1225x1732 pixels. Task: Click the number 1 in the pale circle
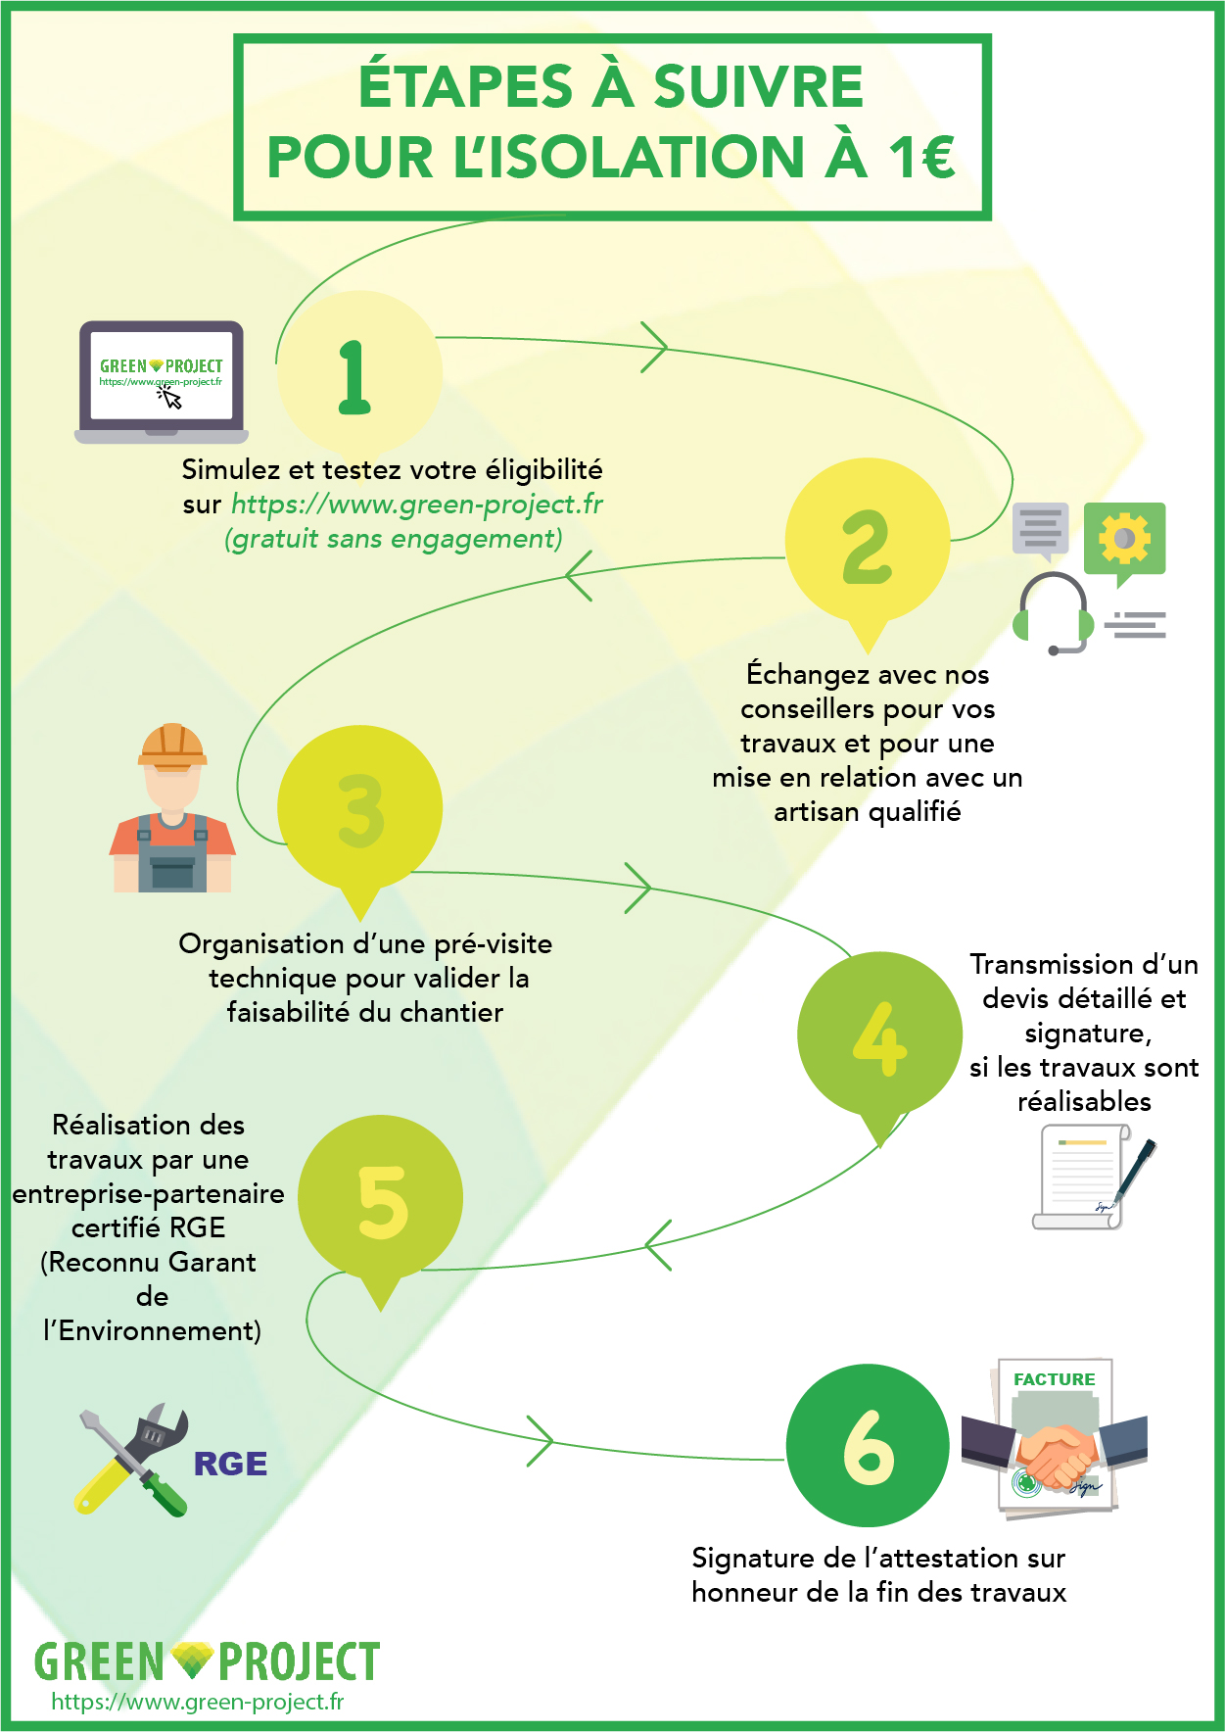pos(353,377)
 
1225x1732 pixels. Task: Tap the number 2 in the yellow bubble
pos(868,546)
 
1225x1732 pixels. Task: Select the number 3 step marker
pos(360,810)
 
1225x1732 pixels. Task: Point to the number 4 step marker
pos(879,1038)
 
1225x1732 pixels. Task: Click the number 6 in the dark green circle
pos(869,1447)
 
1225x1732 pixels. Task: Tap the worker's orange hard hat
pos(172,746)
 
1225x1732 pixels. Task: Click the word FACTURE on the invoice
pos(1054,1379)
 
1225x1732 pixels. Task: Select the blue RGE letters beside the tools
pos(230,1464)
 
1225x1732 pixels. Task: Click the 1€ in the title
pos(921,157)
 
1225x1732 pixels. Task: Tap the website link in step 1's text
pos(417,505)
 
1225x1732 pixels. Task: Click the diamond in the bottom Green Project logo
pos(191,1660)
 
